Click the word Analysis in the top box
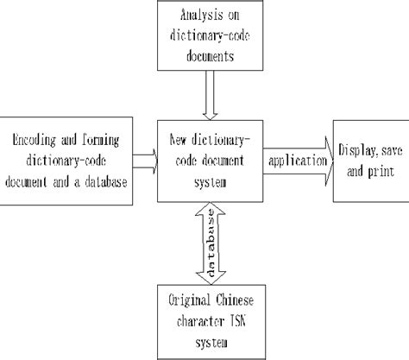click(192, 16)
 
